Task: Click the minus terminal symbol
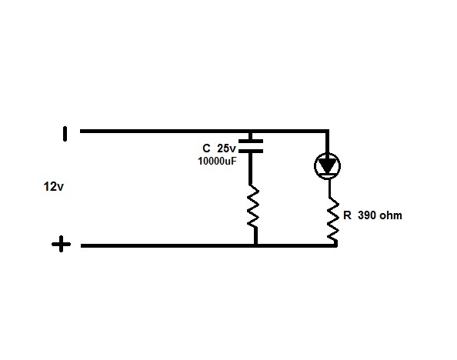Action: click(65, 134)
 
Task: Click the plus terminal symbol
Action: click(61, 244)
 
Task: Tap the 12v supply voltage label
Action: click(53, 187)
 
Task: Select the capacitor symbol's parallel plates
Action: click(251, 146)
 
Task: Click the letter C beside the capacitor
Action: click(206, 148)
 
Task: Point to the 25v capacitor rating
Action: click(226, 148)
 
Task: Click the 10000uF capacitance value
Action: click(217, 161)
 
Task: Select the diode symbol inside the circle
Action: click(327, 166)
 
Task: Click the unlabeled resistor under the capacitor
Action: click(253, 206)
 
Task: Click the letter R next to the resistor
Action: click(347, 215)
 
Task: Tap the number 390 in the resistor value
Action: click(367, 215)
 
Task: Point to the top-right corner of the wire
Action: click(328, 132)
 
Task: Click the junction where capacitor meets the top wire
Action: click(251, 132)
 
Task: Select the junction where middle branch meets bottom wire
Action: click(255, 245)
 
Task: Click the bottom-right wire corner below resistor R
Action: click(336, 245)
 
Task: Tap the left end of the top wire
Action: click(81, 132)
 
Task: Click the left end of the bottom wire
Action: click(82, 245)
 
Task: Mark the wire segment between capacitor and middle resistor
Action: click(250, 168)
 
